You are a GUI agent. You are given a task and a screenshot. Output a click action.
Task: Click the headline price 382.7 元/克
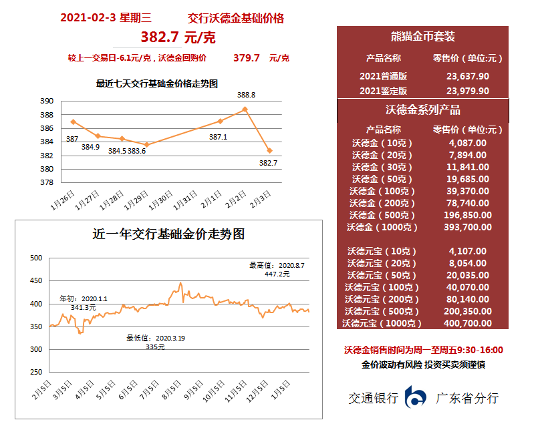coord(178,37)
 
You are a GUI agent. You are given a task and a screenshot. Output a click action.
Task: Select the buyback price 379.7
coord(246,58)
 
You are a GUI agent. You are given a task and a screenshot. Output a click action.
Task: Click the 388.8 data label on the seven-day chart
coord(246,95)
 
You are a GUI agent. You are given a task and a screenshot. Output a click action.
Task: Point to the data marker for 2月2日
coord(245,109)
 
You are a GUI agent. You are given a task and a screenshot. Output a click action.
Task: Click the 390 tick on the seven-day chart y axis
coord(47,101)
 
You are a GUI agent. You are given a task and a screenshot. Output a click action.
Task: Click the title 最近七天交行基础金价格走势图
coord(157,83)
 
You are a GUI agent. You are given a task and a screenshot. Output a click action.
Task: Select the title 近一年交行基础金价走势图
coord(168,234)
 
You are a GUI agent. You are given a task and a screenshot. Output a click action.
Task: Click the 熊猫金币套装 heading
coord(422,37)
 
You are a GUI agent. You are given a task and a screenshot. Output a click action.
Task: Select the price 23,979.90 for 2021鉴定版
coord(467,91)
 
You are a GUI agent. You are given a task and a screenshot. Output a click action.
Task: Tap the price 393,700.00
coord(467,227)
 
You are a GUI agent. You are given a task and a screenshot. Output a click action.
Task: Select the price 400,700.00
coord(467,323)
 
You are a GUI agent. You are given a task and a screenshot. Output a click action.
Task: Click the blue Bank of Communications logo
coord(416,398)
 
